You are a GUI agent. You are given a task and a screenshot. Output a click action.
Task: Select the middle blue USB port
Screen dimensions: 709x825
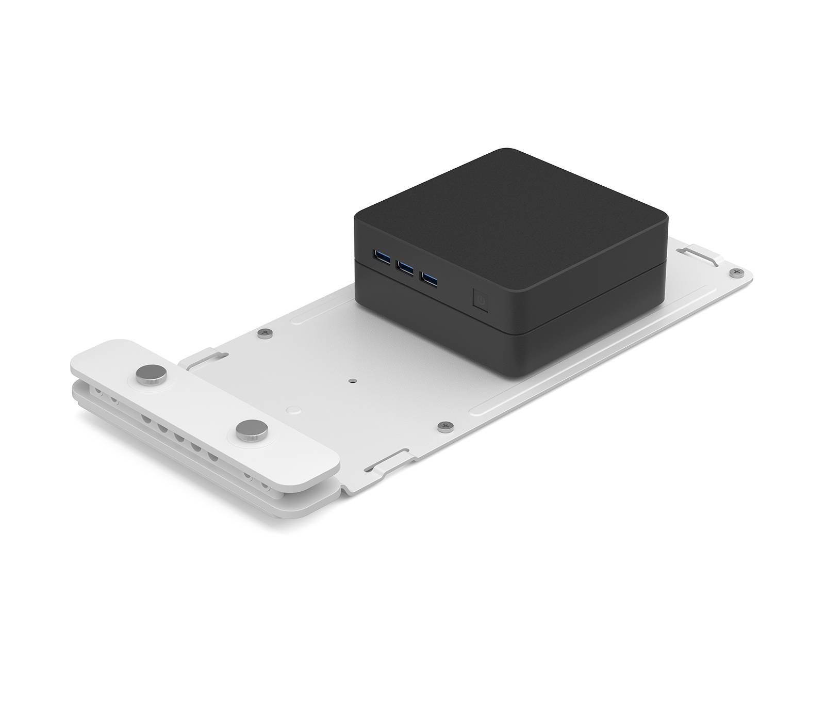point(405,267)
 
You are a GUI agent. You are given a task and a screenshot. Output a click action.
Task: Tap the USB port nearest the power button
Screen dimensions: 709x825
point(430,280)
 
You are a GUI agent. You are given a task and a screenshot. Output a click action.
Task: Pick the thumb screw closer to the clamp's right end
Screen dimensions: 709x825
point(251,428)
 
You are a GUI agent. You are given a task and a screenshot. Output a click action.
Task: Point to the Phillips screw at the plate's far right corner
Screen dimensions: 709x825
point(737,271)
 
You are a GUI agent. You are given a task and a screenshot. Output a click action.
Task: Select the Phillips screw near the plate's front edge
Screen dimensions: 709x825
point(445,426)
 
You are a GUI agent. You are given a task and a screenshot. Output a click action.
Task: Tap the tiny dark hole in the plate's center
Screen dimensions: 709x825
point(352,381)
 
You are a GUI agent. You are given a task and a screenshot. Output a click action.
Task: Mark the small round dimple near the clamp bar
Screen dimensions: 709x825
point(295,410)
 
